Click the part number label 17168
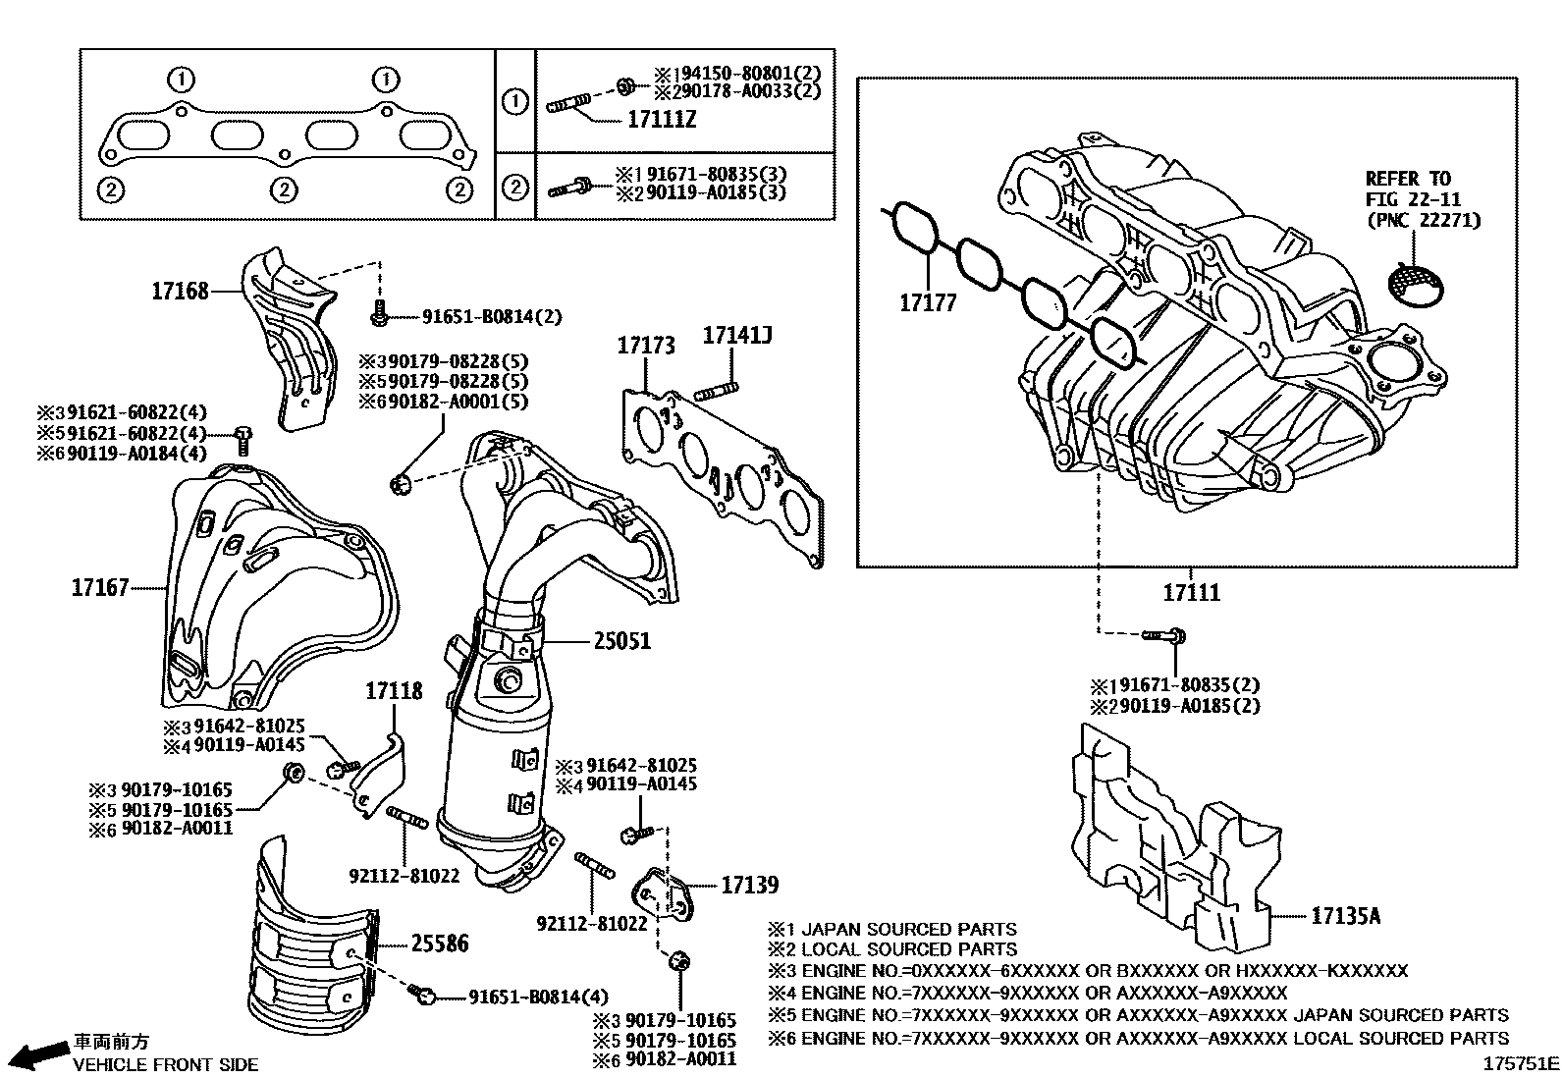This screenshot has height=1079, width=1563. click(180, 291)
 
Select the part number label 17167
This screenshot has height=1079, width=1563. click(100, 587)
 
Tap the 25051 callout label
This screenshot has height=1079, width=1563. click(621, 641)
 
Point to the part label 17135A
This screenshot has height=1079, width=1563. click(1346, 916)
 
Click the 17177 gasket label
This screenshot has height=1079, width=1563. click(928, 302)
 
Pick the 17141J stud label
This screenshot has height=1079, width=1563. click(737, 337)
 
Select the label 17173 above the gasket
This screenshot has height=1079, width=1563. click(646, 346)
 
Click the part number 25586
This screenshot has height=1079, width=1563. click(439, 944)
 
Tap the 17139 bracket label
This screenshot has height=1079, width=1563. click(749, 885)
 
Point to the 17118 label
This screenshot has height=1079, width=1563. click(394, 691)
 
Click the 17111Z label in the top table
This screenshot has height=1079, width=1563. click(662, 120)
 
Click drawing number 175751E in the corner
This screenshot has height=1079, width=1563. click(1521, 1062)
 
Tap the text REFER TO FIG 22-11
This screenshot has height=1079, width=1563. click(1407, 189)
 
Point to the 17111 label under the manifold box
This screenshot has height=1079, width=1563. click(1192, 593)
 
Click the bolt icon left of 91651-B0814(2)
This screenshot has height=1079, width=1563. click(379, 316)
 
